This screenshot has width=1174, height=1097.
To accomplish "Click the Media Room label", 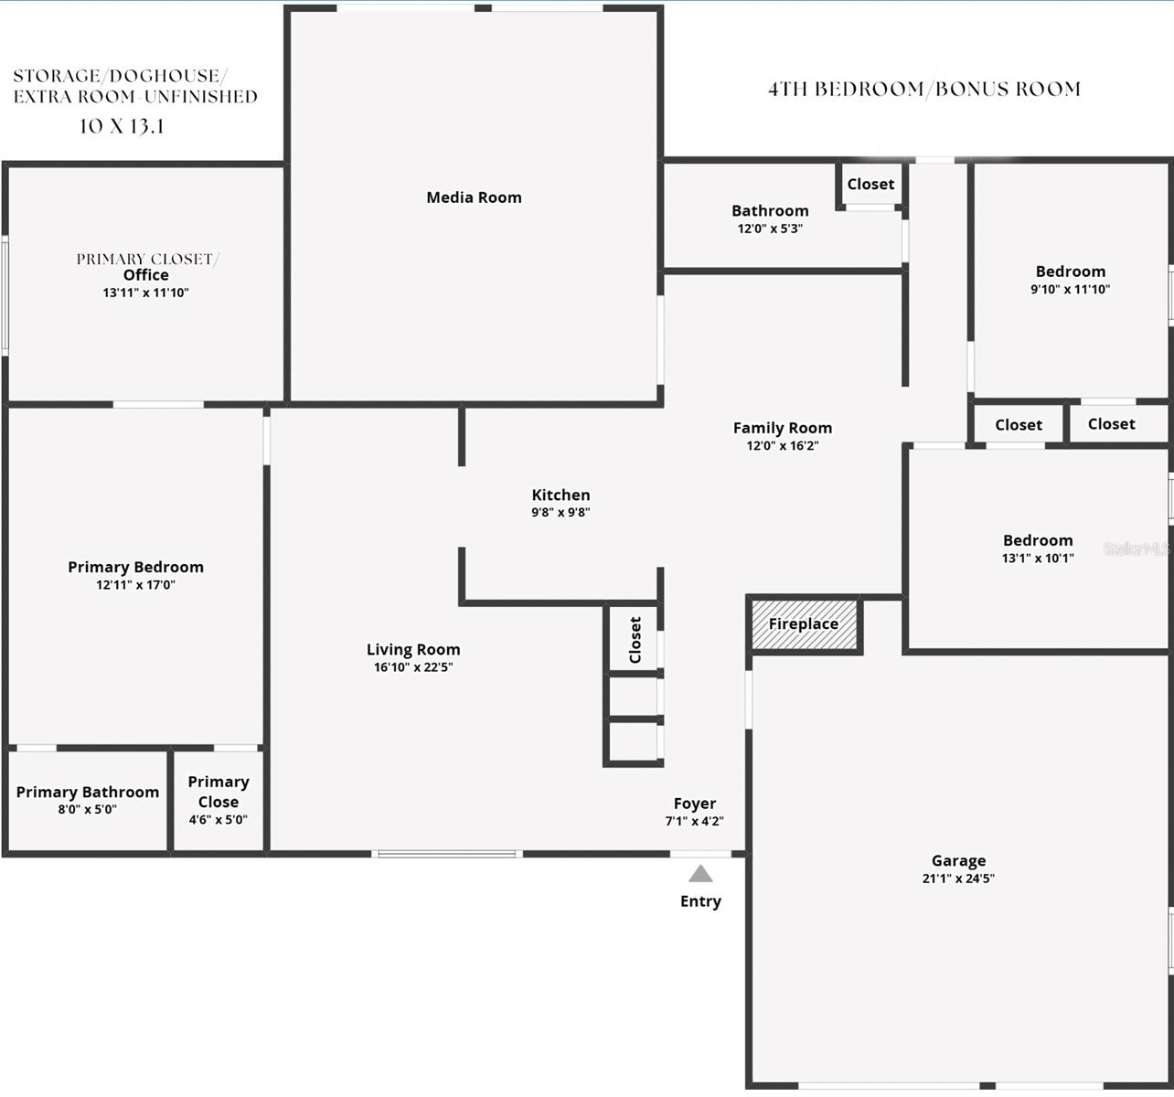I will (474, 197).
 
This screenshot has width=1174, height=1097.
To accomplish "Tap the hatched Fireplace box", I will (804, 624).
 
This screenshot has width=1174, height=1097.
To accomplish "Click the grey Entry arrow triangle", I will (700, 874).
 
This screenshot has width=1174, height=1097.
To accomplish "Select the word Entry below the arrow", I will (700, 901).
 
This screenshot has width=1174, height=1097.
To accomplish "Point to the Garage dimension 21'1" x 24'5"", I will (958, 879).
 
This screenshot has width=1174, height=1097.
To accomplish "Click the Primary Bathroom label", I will (88, 792).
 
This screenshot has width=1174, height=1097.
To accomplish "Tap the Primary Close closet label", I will (219, 792).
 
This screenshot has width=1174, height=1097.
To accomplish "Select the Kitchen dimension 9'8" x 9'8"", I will (560, 513).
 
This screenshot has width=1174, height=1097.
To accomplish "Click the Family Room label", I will (783, 428).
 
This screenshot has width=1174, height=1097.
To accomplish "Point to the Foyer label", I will (695, 804).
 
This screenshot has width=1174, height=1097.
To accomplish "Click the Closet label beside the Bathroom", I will (870, 185).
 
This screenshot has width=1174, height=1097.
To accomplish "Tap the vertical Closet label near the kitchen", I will (635, 640).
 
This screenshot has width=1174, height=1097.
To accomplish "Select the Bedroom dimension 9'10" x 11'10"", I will (1070, 290).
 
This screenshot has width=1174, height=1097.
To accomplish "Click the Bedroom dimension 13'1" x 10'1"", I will (1038, 559).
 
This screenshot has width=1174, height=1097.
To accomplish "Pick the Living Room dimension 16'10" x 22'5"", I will (413, 667).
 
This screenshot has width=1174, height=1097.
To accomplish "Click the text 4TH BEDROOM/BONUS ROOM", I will (924, 90).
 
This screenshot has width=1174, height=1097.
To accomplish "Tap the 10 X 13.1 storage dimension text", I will (122, 127).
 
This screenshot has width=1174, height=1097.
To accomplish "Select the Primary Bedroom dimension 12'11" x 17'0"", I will (135, 585).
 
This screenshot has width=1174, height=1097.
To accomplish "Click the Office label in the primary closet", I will (146, 275).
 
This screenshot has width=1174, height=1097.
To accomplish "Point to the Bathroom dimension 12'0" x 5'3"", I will (770, 229).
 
